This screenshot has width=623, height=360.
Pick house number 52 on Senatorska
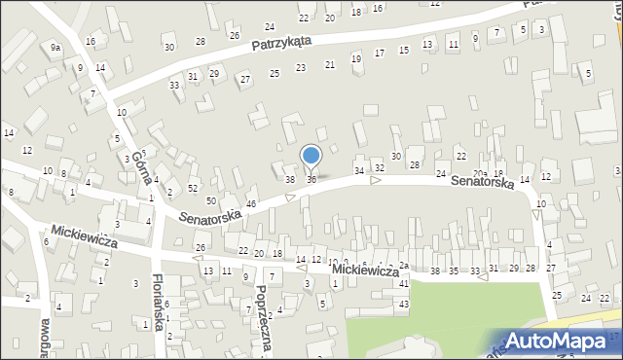pyautogui.click(x=193, y=188)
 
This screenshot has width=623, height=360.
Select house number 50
pyautogui.click(x=210, y=200)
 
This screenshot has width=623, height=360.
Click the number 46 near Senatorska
pyautogui.click(x=250, y=203)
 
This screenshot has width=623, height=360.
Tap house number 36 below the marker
pyautogui.click(x=311, y=179)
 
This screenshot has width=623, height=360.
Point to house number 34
pyautogui.click(x=359, y=171)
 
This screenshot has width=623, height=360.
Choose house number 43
pyautogui.click(x=404, y=305)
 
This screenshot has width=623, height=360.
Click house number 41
pyautogui.click(x=404, y=284)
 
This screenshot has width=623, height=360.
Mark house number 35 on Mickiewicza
pyautogui.click(x=454, y=270)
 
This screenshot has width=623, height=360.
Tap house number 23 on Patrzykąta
pyautogui.click(x=301, y=67)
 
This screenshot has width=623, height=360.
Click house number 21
pyautogui.click(x=330, y=64)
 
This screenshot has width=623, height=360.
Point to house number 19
pyautogui.click(x=356, y=58)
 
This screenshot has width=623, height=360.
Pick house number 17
pyautogui.click(x=380, y=53)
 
